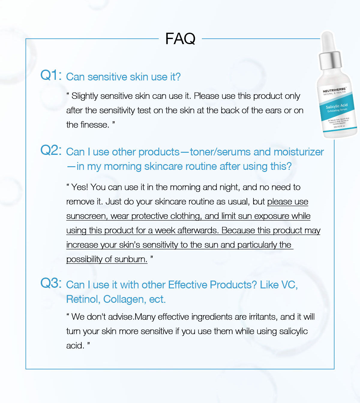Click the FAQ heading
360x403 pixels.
pyautogui.click(x=180, y=39)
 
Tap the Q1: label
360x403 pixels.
pyautogui.click(x=51, y=75)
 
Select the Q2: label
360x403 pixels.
pyautogui.click(x=51, y=150)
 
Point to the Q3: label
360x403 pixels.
pyautogui.click(x=51, y=283)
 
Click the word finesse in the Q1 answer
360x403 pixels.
pyautogui.click(x=95, y=125)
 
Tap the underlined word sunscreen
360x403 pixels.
pyautogui.click(x=86, y=216)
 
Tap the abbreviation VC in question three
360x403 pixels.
pyautogui.click(x=289, y=285)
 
